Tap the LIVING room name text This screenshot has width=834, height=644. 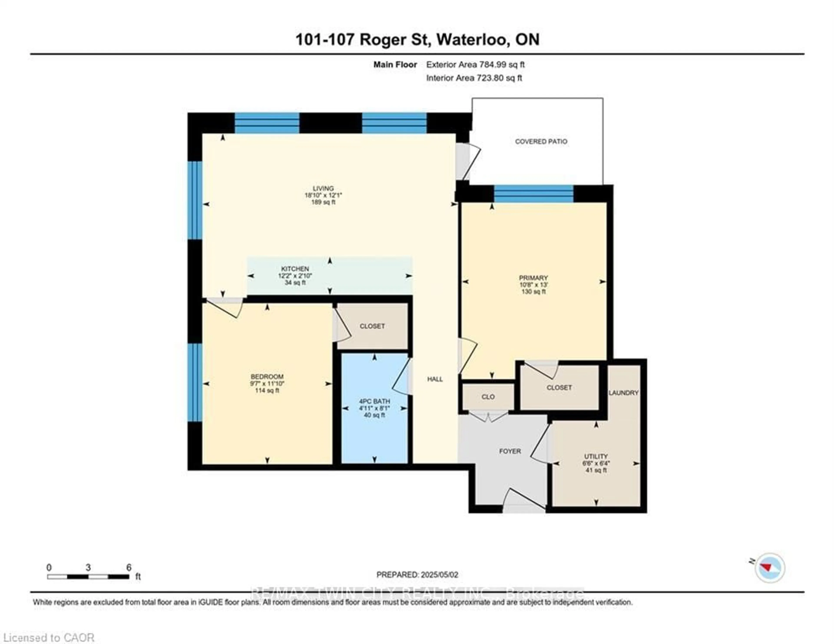(323, 188)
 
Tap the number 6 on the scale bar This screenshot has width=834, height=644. (129, 567)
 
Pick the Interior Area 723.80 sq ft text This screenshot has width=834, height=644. (474, 78)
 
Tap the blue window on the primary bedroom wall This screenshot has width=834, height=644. (533, 194)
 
